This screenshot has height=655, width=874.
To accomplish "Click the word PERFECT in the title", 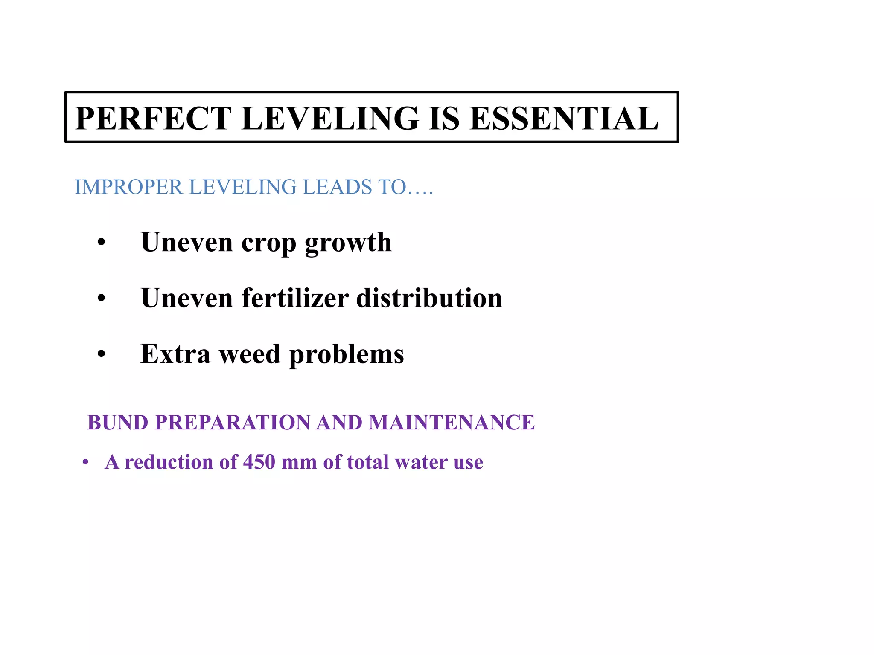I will click(x=154, y=119).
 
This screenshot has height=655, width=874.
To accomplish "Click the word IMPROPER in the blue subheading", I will click(x=128, y=187).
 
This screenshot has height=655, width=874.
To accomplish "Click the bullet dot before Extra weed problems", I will click(x=101, y=354).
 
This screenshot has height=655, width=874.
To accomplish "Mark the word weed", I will click(x=250, y=354).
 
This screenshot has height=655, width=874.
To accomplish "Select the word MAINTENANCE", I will click(x=452, y=423).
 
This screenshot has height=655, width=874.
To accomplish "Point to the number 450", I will click(x=259, y=462).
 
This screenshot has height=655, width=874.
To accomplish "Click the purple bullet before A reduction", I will click(x=85, y=462).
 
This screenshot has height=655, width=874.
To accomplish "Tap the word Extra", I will click(x=175, y=354).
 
